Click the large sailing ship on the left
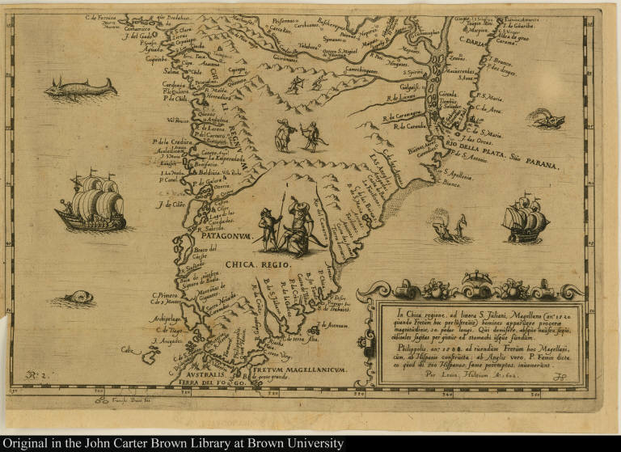pyautogui.click(x=91, y=202)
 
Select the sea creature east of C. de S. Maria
pyautogui.click(x=550, y=121)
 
